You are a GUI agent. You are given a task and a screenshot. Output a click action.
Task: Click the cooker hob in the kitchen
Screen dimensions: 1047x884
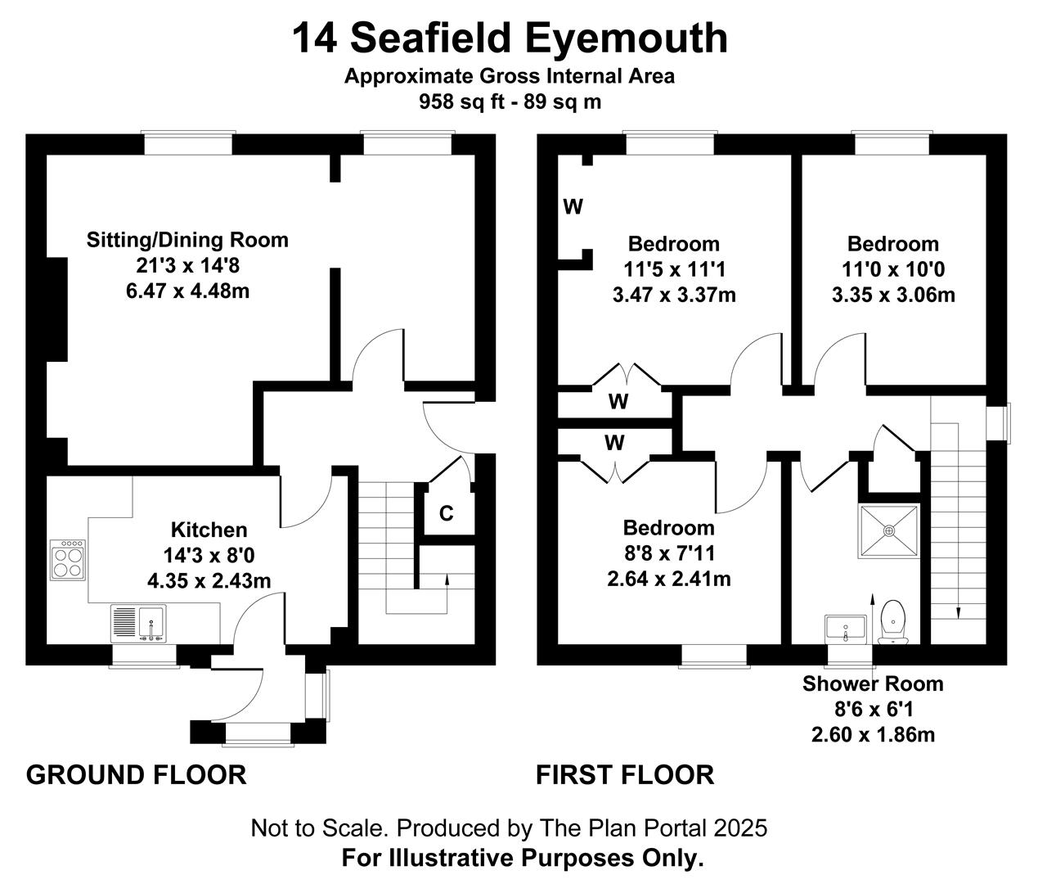pos(68,561)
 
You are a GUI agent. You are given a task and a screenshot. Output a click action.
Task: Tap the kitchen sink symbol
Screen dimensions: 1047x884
pos(138,624)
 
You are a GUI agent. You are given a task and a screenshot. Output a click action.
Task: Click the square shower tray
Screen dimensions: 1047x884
pos(888,530)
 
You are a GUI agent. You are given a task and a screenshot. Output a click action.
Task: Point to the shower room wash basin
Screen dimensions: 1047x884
pos(846,629)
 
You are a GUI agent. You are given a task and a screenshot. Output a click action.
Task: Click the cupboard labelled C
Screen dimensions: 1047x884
pos(447,513)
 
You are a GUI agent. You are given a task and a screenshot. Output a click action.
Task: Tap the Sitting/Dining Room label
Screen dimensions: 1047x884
pos(187,240)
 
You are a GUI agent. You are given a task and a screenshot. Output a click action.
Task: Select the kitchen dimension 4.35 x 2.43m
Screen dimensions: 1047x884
pos(209,581)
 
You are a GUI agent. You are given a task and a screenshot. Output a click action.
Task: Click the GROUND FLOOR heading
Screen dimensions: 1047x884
pos(137,775)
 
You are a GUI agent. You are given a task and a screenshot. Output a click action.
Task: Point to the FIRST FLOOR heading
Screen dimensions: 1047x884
pos(625,775)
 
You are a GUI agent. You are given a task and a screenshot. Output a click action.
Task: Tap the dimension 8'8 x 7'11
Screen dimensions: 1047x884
pos(669,553)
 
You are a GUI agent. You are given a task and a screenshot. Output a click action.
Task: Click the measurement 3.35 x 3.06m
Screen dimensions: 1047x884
pos(893,295)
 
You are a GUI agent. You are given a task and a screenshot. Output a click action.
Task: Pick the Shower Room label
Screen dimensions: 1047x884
pos(873,683)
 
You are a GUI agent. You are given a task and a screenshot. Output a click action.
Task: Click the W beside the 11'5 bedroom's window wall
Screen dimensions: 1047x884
pos(573,206)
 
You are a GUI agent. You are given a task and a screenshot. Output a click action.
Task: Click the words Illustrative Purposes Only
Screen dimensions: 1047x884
pos(546,858)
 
